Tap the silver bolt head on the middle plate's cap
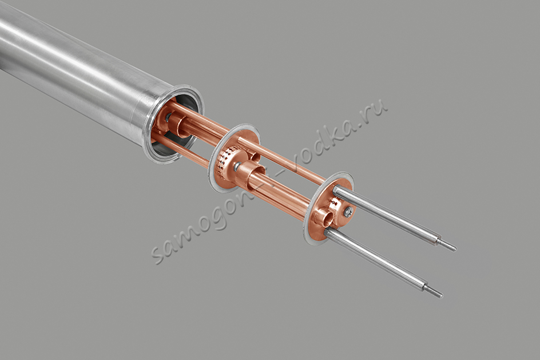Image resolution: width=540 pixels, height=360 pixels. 236,167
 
